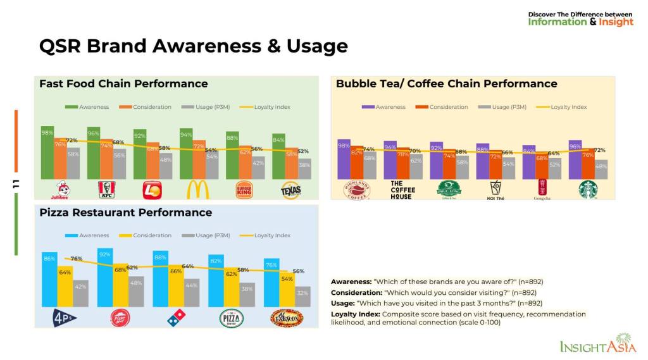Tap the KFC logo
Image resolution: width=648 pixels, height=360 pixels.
pyautogui.click(x=106, y=189)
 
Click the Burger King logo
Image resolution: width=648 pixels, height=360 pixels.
pyautogui.click(x=244, y=189)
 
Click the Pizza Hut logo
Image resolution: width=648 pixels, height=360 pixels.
pyautogui.click(x=120, y=318)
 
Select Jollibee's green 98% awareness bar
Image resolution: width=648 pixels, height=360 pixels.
pyautogui.click(x=47, y=152)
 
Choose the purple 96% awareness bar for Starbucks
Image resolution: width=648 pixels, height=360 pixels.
pyautogui.click(x=575, y=159)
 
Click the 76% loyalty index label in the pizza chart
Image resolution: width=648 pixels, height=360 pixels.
pyautogui.click(x=76, y=258)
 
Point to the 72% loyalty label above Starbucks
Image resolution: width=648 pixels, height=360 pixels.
pyautogui.click(x=599, y=150)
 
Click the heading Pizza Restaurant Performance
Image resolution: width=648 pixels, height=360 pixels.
pyautogui.click(x=125, y=213)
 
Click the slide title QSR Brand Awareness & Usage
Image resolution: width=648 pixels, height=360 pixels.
pyautogui.click(x=193, y=46)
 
